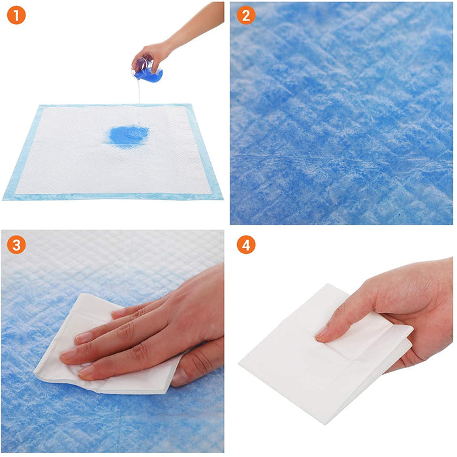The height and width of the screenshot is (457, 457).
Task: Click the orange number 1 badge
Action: (16, 16)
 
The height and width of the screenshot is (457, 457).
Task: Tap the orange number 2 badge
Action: (245, 16)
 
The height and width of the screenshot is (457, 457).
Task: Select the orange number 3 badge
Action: (16, 245)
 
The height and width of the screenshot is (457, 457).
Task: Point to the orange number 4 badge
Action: (245, 245)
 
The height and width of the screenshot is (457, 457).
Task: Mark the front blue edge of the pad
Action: (111, 196)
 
